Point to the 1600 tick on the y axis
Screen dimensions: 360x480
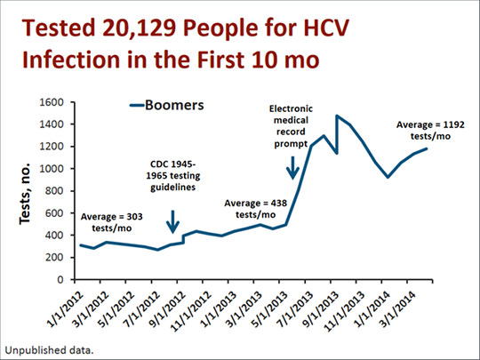55,102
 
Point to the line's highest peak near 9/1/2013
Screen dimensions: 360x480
337,116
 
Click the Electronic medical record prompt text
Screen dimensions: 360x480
292,124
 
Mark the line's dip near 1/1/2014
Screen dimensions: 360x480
388,177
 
